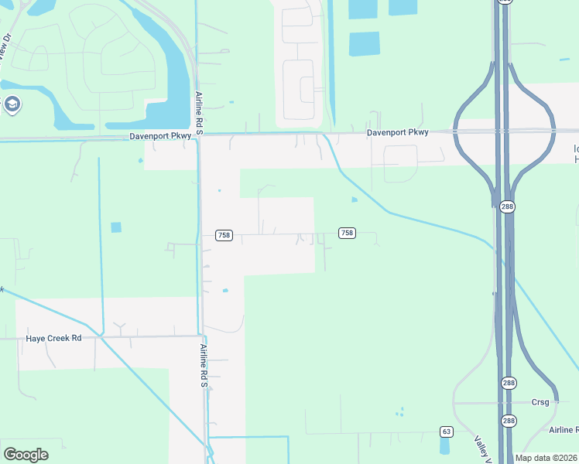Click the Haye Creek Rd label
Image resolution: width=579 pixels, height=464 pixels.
pos(53,338)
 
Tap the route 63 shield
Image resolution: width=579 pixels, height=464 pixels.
pos(446,431)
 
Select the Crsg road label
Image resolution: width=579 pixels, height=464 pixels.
pos(540,402)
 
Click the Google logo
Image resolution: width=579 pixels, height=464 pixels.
pos(26,455)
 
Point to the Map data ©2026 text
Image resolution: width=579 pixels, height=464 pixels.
pos(546,458)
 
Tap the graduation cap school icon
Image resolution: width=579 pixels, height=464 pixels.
pos(12,104)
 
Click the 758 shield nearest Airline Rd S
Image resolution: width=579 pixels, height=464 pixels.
pos(223,235)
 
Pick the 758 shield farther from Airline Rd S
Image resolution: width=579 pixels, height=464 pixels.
pos(347,233)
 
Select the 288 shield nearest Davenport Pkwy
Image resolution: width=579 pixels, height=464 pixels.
pos(508,206)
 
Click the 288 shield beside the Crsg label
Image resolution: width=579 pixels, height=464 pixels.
pos(508,383)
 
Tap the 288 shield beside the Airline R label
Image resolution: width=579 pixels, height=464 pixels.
pos(508,421)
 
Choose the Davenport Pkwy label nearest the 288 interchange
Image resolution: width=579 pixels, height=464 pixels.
pos(397,132)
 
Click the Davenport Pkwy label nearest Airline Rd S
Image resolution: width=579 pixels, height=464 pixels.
pos(159,136)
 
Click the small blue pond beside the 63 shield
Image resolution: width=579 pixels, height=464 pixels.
pos(445,445)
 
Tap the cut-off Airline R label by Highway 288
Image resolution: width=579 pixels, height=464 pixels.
pos(563,429)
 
